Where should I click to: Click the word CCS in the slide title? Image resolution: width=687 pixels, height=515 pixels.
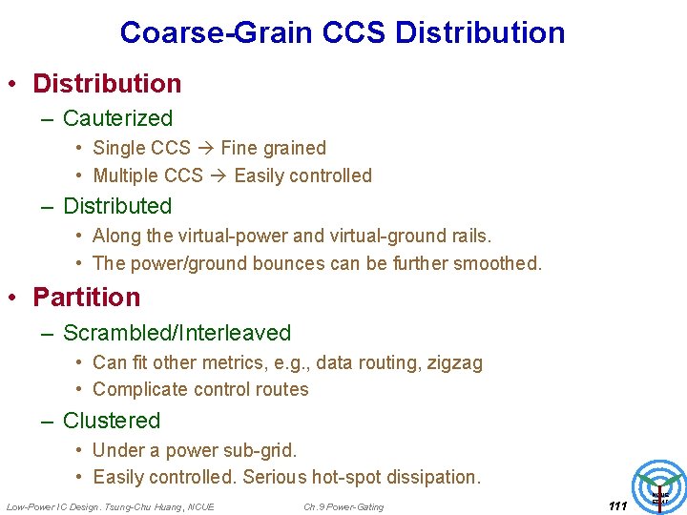354,32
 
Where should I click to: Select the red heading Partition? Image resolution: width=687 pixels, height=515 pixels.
86,298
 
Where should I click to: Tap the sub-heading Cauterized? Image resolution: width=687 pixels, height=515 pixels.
117,119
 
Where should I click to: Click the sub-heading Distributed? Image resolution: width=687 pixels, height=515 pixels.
117,206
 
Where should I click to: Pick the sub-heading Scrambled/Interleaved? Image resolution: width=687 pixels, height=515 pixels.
177,333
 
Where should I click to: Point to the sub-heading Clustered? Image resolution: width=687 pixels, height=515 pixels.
112,421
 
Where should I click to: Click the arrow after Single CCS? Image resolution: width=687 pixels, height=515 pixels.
205,148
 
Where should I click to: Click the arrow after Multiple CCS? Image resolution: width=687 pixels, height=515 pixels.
219,175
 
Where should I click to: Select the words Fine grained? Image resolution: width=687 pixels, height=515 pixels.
273,148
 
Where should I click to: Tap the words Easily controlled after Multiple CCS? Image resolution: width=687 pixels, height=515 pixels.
302,175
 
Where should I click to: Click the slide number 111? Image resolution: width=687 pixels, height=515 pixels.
616,505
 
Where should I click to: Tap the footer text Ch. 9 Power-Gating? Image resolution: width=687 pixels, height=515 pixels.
343,506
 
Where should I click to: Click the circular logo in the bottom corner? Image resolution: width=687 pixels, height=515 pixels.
660,485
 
